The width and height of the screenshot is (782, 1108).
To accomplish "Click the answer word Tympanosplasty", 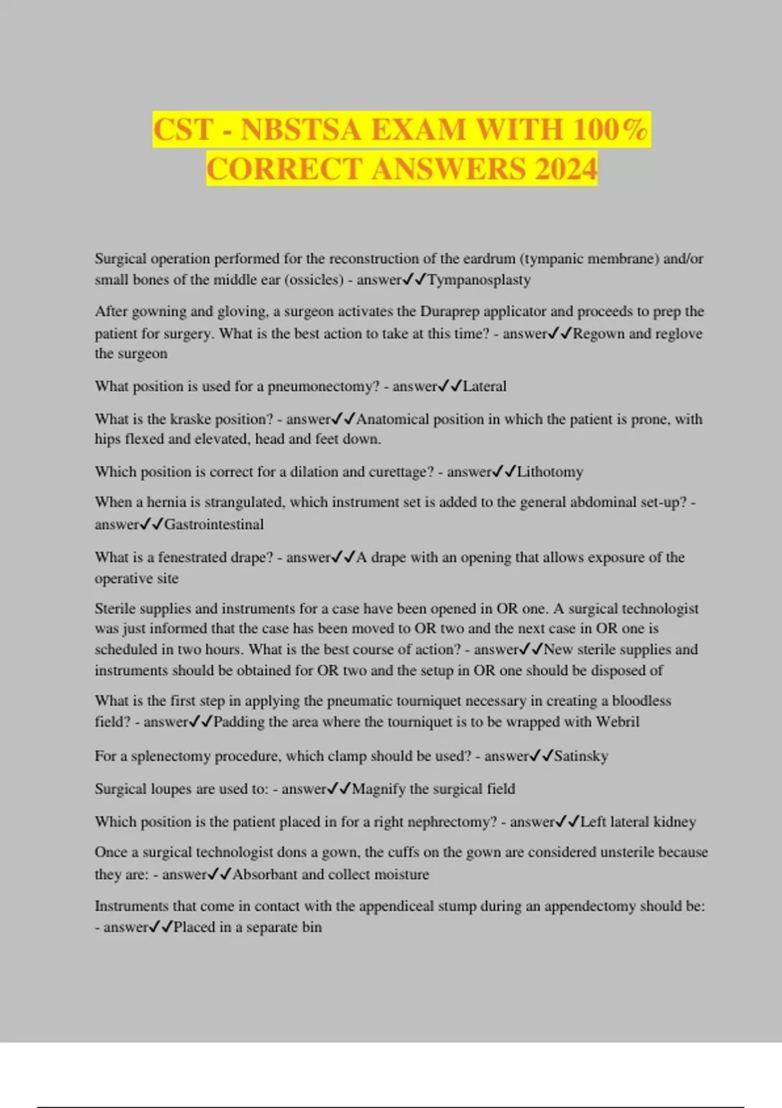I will click(x=479, y=280).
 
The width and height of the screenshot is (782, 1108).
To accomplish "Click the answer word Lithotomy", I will click(x=550, y=472).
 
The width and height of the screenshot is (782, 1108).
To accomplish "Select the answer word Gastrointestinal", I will click(x=214, y=525).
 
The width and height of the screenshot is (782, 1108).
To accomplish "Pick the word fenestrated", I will click(x=196, y=557).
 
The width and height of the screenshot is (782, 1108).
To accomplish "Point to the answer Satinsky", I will click(x=581, y=756).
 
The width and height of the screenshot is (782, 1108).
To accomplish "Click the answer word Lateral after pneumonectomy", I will click(x=484, y=386).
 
